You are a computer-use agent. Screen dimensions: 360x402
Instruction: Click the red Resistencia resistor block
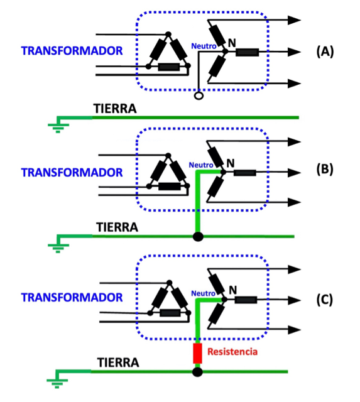click(197, 353)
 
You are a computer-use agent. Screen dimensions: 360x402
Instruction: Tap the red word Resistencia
click(232, 352)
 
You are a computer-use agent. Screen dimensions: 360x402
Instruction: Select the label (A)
click(325, 52)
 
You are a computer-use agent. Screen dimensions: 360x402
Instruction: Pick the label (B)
click(325, 170)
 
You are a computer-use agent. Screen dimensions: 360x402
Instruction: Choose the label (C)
click(325, 300)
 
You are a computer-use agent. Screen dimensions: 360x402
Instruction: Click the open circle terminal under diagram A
click(199, 96)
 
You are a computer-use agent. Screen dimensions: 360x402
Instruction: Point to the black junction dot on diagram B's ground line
click(198, 236)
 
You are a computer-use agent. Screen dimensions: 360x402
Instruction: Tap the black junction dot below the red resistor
click(197, 372)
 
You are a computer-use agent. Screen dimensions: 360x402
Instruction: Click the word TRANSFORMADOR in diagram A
click(72, 51)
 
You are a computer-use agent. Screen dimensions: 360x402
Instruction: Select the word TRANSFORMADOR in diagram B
click(72, 173)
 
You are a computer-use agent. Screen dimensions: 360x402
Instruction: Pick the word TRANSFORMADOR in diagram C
click(72, 297)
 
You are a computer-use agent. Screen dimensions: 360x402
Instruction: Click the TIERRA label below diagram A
click(115, 109)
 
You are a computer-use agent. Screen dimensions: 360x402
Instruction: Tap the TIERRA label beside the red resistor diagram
click(118, 362)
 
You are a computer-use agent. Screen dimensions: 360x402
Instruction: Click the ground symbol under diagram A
click(58, 125)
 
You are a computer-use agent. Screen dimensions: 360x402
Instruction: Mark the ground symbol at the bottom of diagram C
click(57, 379)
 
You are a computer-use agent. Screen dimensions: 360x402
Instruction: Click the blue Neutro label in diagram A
click(204, 46)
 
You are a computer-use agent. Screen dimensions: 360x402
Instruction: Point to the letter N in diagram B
click(231, 163)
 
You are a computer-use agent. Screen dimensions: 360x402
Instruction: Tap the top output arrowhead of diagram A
click(294, 20)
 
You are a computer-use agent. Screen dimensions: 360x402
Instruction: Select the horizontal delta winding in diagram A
click(169, 67)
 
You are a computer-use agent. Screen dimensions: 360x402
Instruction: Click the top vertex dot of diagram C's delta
click(169, 283)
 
